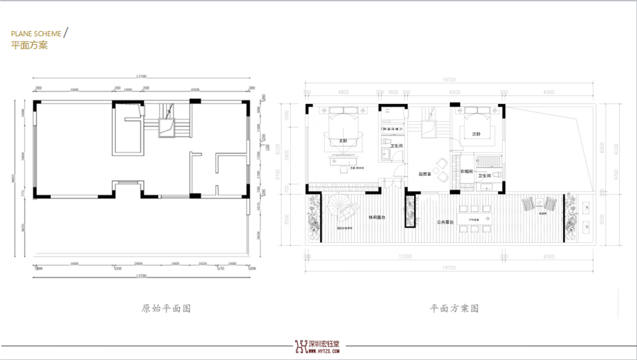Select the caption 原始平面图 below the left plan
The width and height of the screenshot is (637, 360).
click(165, 308)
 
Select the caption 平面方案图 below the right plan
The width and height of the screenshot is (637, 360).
click(454, 308)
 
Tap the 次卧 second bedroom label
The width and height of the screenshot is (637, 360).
click(476, 134)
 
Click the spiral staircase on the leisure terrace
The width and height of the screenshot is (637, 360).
click(340, 208)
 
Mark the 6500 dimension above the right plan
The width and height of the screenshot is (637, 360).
click(454, 91)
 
